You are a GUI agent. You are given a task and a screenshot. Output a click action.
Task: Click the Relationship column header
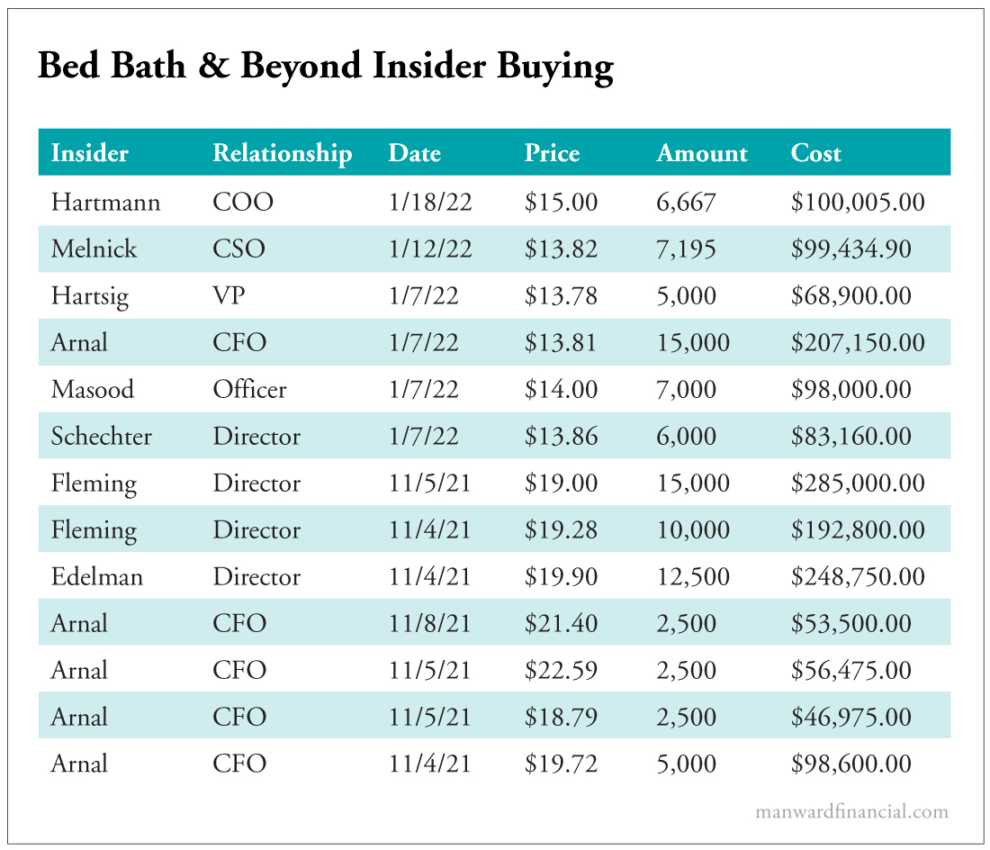282,153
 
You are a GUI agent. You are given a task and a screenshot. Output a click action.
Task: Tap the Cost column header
815,153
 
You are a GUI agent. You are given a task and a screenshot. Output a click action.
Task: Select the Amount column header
702,153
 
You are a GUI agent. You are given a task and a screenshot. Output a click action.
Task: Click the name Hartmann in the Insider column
105,202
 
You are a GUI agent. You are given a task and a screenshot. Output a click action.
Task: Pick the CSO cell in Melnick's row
238,249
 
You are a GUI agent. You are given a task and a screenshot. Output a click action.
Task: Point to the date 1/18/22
430,202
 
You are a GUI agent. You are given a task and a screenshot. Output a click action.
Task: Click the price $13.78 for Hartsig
561,295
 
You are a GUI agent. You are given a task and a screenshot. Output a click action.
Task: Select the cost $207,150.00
858,342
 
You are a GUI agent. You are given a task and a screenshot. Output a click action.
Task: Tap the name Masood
93,389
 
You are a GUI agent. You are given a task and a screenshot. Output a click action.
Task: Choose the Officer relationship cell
249,389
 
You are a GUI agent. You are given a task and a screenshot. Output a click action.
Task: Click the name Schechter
102,436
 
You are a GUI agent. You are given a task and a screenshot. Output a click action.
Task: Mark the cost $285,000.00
858,483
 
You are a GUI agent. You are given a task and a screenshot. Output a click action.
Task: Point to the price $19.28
561,529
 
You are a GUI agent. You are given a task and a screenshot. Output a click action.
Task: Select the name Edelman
97,576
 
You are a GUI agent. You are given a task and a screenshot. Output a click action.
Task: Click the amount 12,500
693,576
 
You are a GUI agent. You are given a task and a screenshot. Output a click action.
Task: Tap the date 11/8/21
430,623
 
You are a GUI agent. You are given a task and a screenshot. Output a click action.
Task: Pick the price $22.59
561,670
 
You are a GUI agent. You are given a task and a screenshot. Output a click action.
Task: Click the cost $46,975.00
851,717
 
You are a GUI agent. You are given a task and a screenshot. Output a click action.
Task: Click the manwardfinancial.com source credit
851,811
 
